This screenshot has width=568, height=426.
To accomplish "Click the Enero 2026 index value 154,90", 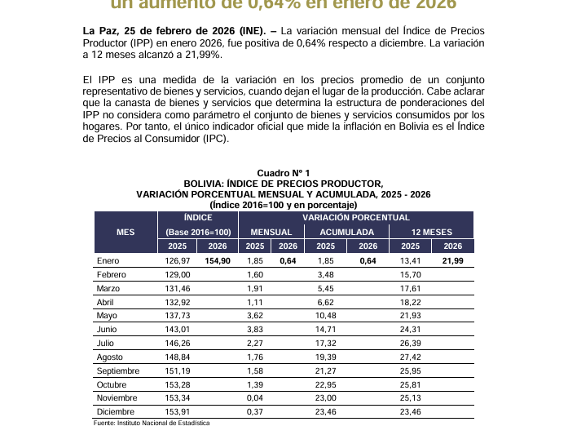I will pyautogui.click(x=218, y=260).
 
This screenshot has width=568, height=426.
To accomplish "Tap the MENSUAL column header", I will pyautogui.click(x=271, y=232).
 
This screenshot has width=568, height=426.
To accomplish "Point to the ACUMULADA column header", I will pyautogui.click(x=346, y=232).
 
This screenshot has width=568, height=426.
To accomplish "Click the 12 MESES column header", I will pyautogui.click(x=432, y=232).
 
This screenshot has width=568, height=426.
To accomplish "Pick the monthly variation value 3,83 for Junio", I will pyautogui.click(x=255, y=330).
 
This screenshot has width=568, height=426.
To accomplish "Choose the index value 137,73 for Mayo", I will pyautogui.click(x=177, y=316).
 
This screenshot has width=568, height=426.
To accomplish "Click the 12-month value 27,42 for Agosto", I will pyautogui.click(x=411, y=357).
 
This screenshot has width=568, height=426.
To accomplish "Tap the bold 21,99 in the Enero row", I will pyautogui.click(x=452, y=260).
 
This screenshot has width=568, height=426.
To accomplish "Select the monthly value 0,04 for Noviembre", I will pyautogui.click(x=255, y=398).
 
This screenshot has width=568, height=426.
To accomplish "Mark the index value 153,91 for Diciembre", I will pyautogui.click(x=177, y=412).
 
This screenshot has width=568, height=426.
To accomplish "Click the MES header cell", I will pyautogui.click(x=125, y=232).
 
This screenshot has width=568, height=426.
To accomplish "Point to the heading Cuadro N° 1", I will pyautogui.click(x=283, y=174).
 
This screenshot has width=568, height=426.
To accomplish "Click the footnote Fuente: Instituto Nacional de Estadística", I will pyautogui.click(x=152, y=423).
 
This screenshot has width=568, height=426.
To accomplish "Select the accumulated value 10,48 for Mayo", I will pyautogui.click(x=325, y=316).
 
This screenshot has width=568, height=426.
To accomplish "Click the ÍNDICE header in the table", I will pyautogui.click(x=197, y=218).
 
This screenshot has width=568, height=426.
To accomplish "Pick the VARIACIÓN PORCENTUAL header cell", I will pyautogui.click(x=356, y=218).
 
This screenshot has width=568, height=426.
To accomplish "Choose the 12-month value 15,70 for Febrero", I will pyautogui.click(x=411, y=274).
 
